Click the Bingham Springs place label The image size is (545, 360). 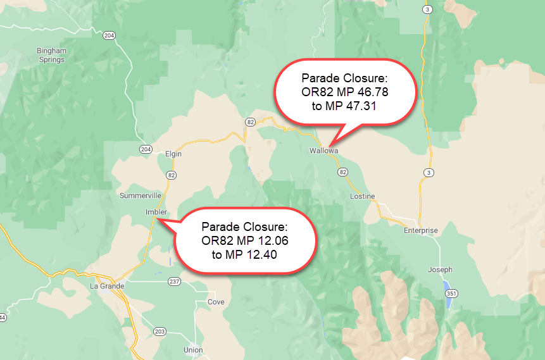tap(51, 55)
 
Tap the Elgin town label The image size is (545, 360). tap(173, 154)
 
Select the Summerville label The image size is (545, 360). tap(141, 196)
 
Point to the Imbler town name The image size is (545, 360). tap(156, 212)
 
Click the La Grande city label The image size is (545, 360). tap(107, 286)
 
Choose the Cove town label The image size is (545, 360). tap(216, 302)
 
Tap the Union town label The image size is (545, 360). tap(193, 350)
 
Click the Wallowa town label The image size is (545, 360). tap(323, 151)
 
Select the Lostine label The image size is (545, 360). tap(362, 197)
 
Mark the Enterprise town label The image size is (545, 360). tap(420, 231)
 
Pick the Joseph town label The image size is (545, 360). tap(440, 270)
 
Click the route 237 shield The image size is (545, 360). tap(174, 281)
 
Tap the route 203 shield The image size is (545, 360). tap(158, 332)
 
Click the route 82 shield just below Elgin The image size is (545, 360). tap(172, 174)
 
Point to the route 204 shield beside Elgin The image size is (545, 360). tap(146, 149)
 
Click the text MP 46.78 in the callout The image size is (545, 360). tap(363, 92)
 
